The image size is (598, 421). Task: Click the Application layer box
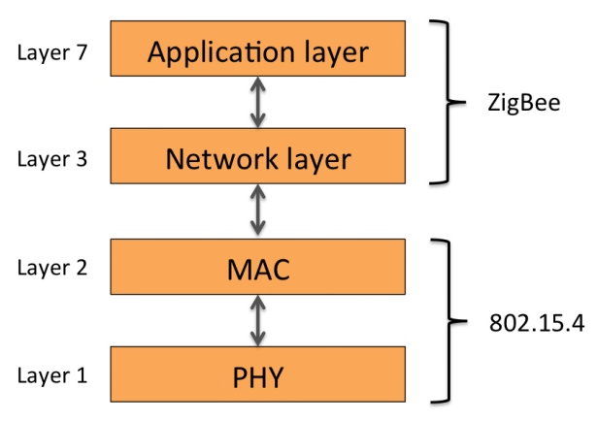point(256,51)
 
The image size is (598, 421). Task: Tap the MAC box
point(256,266)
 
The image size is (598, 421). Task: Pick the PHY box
point(256,373)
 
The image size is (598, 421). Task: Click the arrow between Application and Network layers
point(257,103)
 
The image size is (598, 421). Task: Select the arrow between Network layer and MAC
point(257,211)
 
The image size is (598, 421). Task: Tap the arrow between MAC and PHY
point(257,320)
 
